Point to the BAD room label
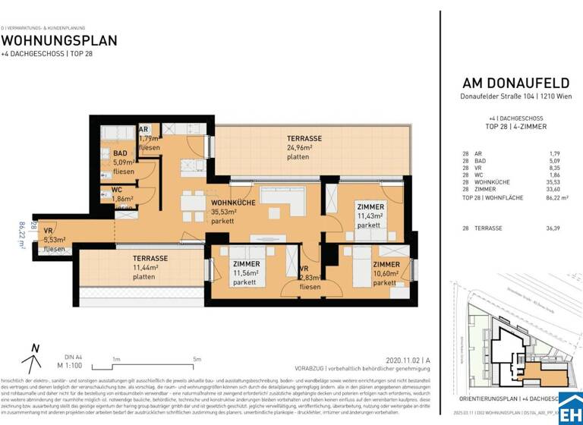pyautogui.click(x=121, y=153)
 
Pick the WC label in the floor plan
pyautogui.click(x=117, y=190)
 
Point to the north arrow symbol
pyautogui.click(x=33, y=352)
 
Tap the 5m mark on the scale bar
pyautogui.click(x=197, y=359)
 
